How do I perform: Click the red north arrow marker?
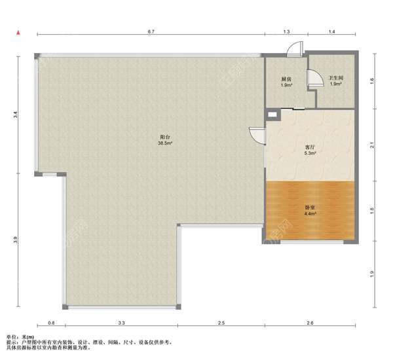click(18, 33)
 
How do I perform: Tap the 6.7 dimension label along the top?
click(151, 31)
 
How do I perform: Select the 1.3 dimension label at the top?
click(286, 31)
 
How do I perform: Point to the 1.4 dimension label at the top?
click(332, 31)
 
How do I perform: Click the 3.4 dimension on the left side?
click(16, 115)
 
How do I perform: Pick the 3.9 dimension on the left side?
click(16, 240)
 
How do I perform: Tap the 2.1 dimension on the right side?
click(372, 145)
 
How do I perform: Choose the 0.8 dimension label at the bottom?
click(51, 323)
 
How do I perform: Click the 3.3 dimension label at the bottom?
click(122, 323)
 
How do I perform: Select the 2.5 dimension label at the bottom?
click(221, 323)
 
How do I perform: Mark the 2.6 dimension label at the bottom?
click(310, 323)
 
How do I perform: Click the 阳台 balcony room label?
click(165, 137)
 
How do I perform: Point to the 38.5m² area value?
click(164, 143)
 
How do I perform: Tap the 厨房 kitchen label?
click(286, 79)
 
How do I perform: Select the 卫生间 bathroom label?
click(336, 78)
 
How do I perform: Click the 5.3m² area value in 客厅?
click(310, 153)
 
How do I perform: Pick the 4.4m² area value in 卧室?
click(310, 213)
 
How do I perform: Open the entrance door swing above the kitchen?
click(295, 49)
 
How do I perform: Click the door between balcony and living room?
click(257, 135)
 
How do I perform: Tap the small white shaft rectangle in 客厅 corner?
click(272, 115)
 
